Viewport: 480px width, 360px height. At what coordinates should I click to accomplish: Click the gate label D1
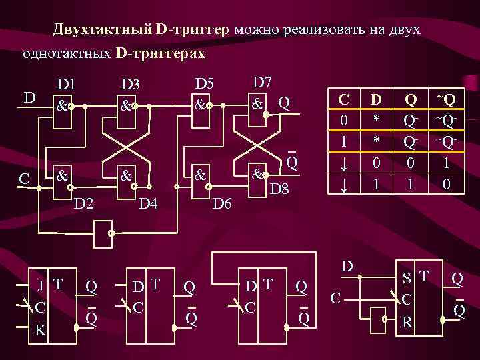(66, 85)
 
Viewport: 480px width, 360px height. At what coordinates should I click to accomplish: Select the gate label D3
(130, 85)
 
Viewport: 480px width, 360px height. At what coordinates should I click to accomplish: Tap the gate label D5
(204, 83)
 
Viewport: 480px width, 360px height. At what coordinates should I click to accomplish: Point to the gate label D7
(262, 82)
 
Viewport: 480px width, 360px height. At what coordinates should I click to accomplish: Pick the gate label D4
(147, 201)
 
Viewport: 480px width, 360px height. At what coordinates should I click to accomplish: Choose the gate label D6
(221, 201)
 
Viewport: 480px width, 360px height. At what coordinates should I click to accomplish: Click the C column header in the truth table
(344, 100)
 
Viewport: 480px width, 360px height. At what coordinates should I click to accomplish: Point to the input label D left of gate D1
(29, 98)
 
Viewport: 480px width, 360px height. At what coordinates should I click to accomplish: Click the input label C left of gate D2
(24, 179)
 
